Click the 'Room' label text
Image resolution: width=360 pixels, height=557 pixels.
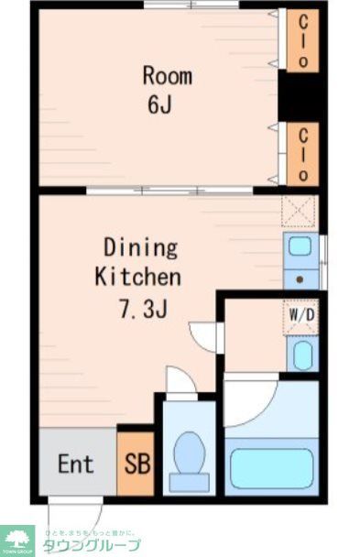[x=166, y=75]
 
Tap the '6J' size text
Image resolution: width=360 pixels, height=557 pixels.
[x=159, y=104]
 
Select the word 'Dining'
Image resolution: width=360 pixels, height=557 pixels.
[x=140, y=247]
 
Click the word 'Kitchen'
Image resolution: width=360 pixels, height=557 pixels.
[x=138, y=275]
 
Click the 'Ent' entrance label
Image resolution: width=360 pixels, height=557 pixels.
[x=76, y=464]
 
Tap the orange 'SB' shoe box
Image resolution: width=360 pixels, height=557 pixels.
[x=134, y=464]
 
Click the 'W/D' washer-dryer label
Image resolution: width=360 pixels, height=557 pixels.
[x=301, y=316]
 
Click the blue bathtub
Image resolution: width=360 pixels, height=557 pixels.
[x=271, y=467]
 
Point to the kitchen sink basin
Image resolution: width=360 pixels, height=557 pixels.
[x=300, y=247]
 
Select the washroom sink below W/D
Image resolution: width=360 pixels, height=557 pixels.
[x=301, y=354]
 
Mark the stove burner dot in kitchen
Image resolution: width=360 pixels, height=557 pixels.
[x=300, y=278]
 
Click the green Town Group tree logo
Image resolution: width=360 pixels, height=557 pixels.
[x=17, y=538]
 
